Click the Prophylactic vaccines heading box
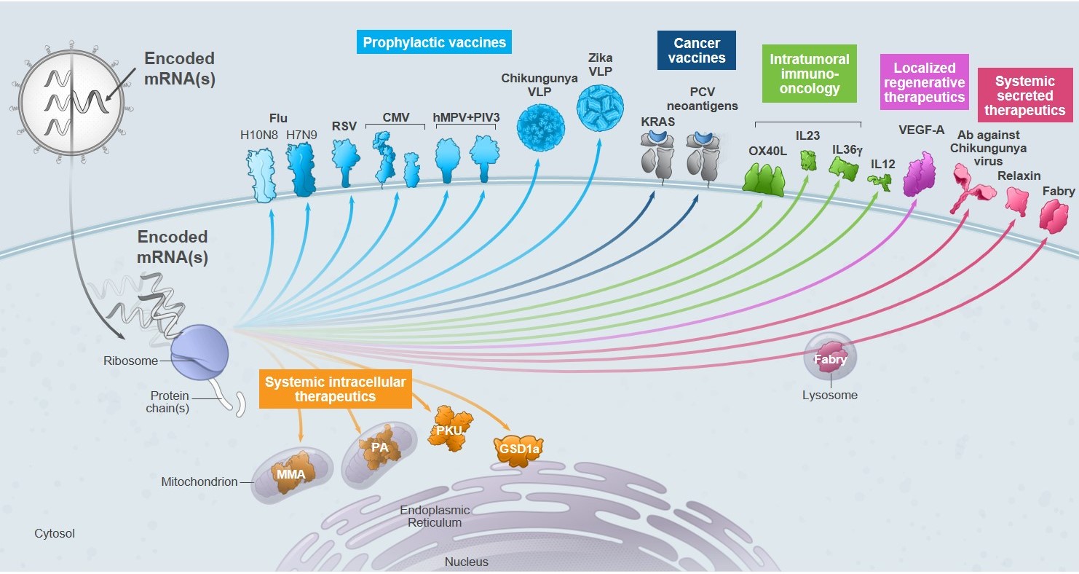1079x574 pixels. (x=434, y=42)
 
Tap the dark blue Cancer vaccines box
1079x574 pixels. (x=696, y=50)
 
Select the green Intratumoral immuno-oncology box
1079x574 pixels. (x=810, y=74)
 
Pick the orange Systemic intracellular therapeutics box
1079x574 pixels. (x=335, y=389)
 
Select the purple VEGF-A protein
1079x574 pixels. (x=919, y=175)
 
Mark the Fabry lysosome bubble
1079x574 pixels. (x=830, y=358)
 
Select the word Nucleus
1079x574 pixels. (x=467, y=562)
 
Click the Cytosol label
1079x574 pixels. (x=55, y=533)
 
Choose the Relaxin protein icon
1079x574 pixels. (x=1016, y=200)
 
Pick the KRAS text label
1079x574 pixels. (x=658, y=122)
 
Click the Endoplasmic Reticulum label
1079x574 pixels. (x=435, y=516)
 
